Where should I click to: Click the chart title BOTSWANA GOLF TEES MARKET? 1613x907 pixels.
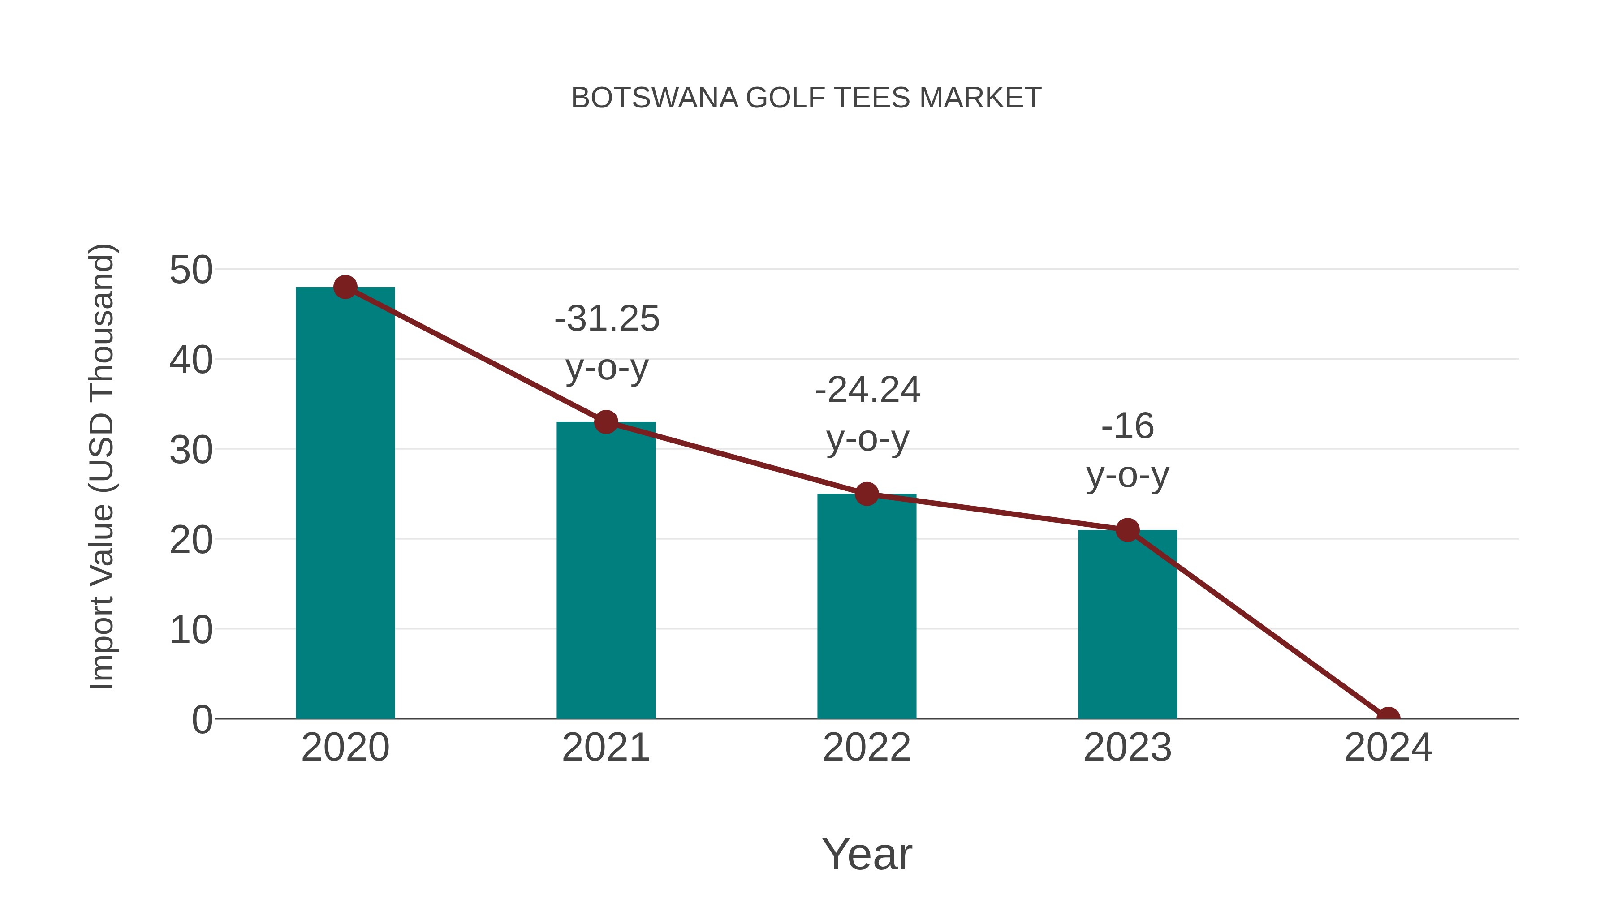pyautogui.click(x=806, y=98)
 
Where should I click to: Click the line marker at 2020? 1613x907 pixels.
pyautogui.click(x=345, y=287)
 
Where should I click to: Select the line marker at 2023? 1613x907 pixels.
pyautogui.click(x=1127, y=530)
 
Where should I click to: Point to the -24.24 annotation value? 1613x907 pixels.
pyautogui.click(x=867, y=390)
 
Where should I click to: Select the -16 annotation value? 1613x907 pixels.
pyautogui.click(x=1127, y=426)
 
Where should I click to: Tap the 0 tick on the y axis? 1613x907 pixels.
pyautogui.click(x=202, y=720)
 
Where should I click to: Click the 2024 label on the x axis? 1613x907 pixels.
pyautogui.click(x=1388, y=748)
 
